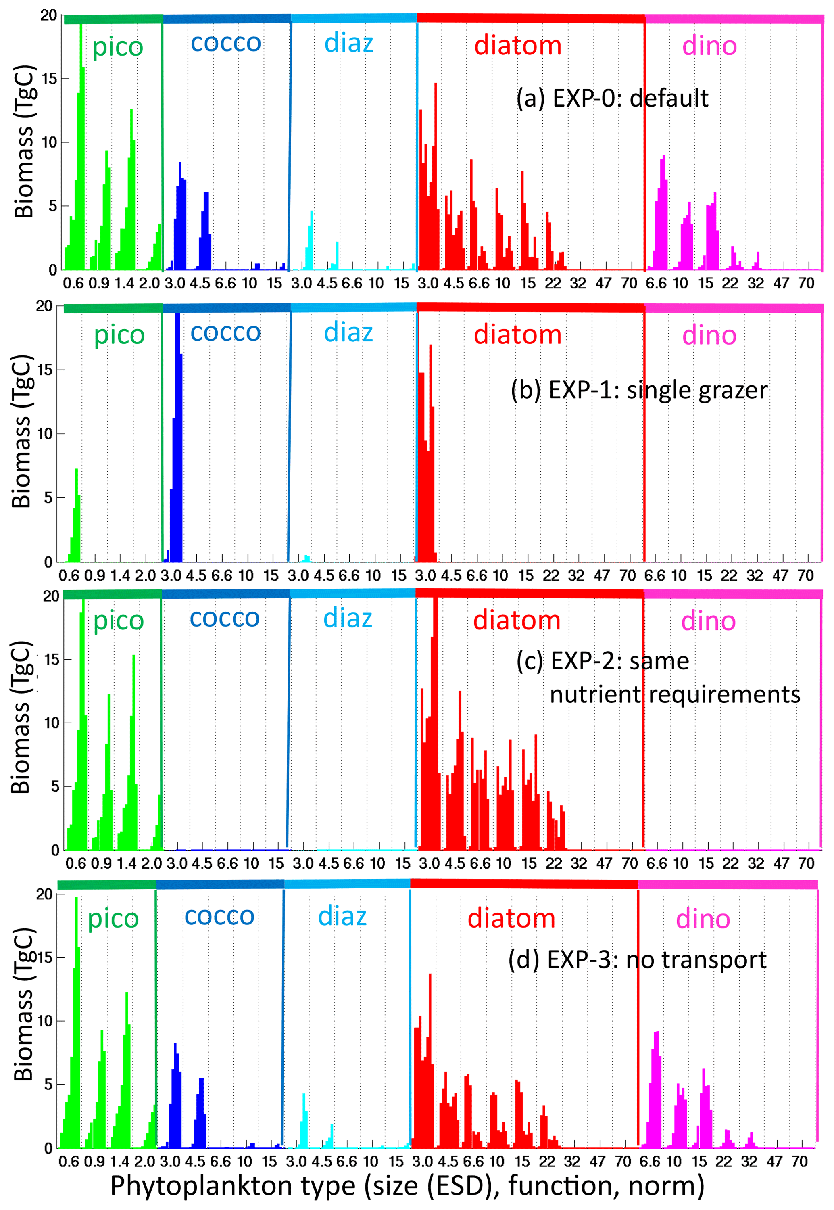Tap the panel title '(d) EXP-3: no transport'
636,959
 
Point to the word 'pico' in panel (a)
118,47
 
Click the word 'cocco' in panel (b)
225,332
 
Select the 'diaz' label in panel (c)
348,619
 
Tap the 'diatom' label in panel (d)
511,918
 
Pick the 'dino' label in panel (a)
709,46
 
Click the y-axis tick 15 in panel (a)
49,79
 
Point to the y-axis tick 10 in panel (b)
45,434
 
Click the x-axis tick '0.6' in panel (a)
73,284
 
